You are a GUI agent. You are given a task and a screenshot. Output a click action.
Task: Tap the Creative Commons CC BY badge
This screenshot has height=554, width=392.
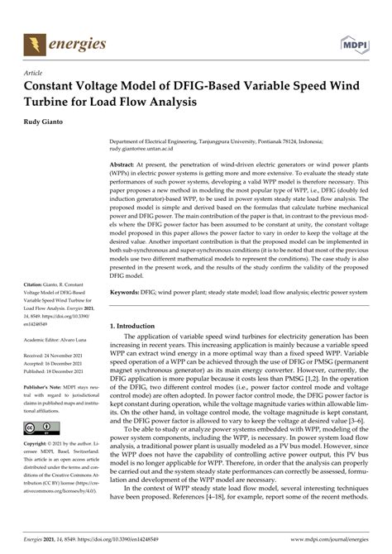coord(42,427)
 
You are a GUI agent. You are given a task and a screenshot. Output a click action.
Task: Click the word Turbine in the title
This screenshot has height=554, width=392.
coord(55,103)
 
